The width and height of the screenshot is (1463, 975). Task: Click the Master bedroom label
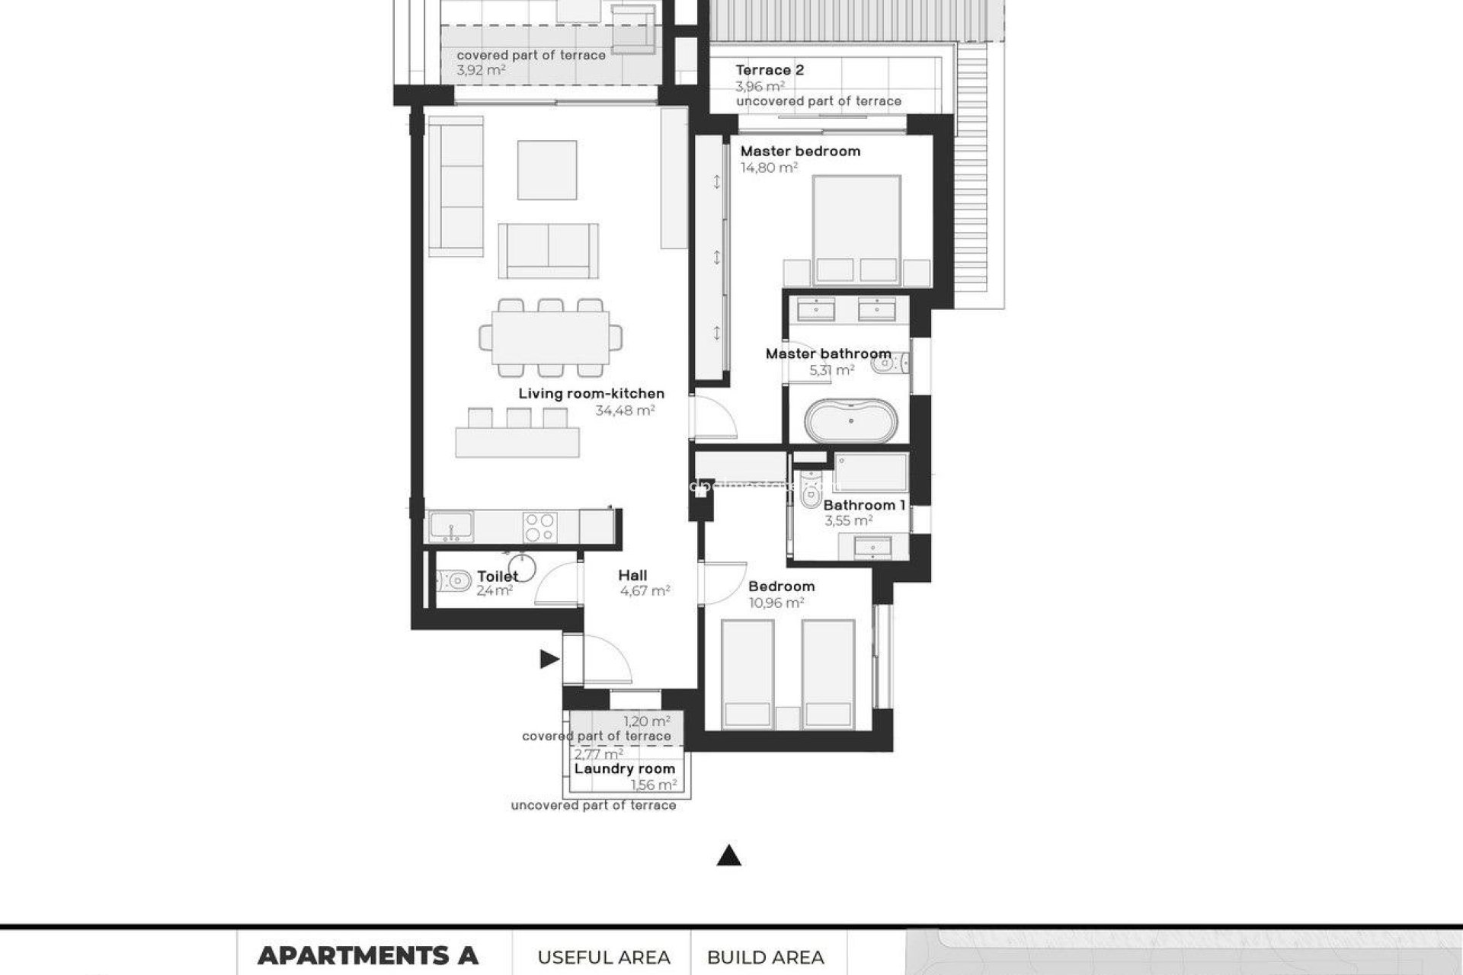[800, 151]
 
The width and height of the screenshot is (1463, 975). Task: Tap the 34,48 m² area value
[625, 411]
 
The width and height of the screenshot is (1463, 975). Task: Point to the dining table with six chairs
[550, 337]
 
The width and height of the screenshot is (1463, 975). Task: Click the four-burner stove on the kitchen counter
[539, 526]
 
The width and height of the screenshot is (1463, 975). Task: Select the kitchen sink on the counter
[450, 526]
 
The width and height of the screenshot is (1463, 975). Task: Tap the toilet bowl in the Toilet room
[453, 583]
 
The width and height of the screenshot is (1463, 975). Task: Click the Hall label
[632, 575]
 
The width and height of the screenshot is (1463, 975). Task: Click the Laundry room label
[624, 769]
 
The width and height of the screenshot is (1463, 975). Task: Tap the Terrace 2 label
[770, 70]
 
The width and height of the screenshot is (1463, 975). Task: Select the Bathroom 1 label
[864, 505]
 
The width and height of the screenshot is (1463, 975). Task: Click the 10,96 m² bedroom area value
[776, 603]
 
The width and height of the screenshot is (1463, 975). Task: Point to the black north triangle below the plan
[729, 856]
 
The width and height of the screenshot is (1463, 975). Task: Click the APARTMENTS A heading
[367, 955]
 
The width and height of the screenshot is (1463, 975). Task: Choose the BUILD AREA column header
[765, 957]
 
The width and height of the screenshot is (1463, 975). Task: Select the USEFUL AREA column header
[603, 957]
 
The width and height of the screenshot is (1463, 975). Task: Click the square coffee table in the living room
[546, 170]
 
